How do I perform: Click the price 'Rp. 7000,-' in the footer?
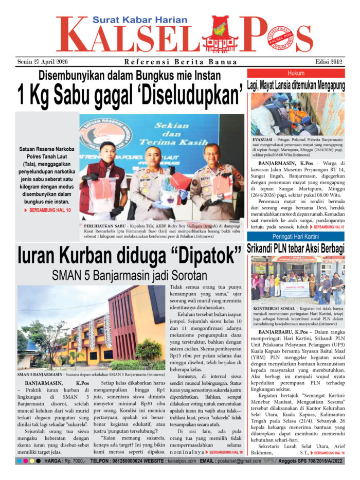point(74,461)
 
